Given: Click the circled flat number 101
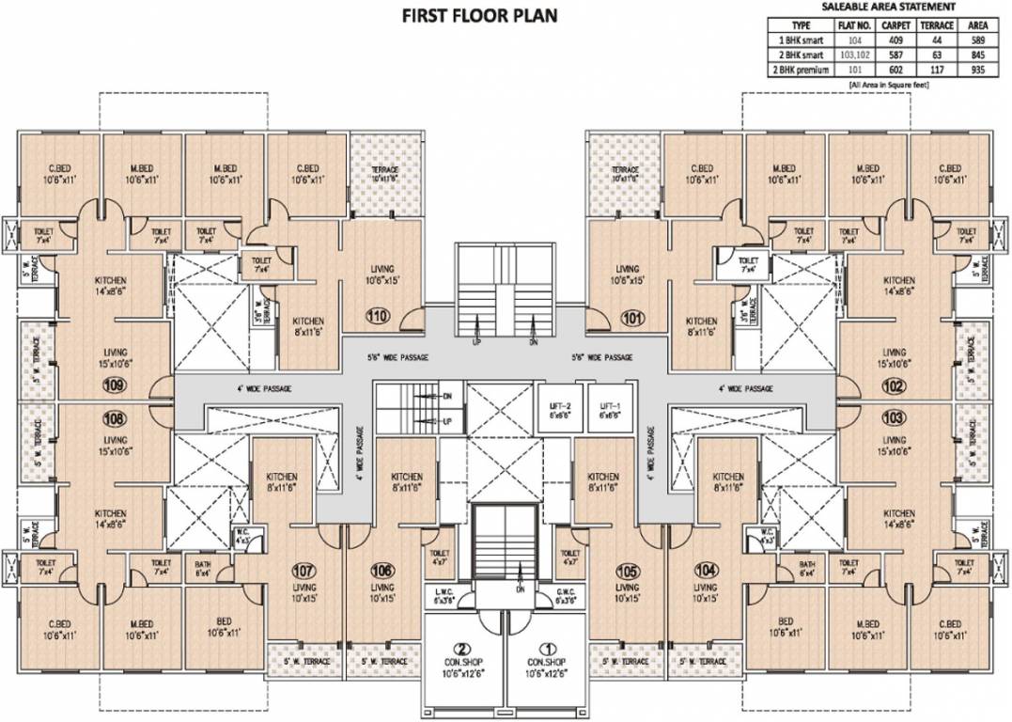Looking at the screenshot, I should pyautogui.click(x=632, y=317).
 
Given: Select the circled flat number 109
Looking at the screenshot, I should pyautogui.click(x=115, y=384).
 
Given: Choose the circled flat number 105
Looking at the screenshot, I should pyautogui.click(x=627, y=570).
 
